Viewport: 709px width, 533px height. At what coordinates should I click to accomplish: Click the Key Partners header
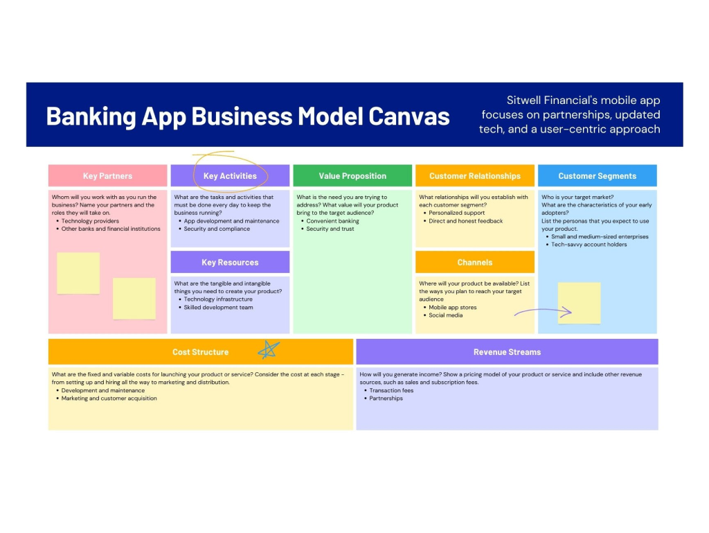[107, 175]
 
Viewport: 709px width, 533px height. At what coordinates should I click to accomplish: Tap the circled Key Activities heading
[230, 176]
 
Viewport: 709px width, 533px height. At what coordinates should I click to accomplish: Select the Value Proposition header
[352, 175]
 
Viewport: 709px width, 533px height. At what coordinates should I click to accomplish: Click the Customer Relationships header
[475, 175]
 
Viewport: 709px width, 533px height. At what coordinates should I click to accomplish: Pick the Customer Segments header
[598, 175]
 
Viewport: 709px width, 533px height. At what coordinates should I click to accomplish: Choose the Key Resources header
[230, 262]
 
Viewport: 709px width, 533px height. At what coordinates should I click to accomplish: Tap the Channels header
[475, 262]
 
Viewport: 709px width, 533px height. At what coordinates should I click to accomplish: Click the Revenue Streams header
[507, 351]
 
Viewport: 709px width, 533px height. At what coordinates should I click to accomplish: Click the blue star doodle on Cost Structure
[269, 350]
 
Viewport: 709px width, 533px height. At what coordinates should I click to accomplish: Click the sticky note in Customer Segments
[580, 303]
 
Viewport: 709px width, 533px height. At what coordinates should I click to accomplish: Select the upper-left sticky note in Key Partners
[78, 273]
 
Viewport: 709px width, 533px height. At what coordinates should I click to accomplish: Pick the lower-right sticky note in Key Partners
[134, 299]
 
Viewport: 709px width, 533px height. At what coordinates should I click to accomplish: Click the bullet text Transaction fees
[391, 390]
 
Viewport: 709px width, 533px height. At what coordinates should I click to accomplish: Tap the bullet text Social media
[445, 315]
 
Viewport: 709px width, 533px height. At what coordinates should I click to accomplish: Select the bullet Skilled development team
[218, 307]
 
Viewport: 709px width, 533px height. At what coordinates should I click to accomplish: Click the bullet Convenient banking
[333, 221]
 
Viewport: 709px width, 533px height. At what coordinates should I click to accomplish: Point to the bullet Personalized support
[457, 213]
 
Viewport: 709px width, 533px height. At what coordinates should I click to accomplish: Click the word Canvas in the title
[409, 116]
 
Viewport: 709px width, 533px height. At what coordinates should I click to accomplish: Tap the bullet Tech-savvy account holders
[589, 245]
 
